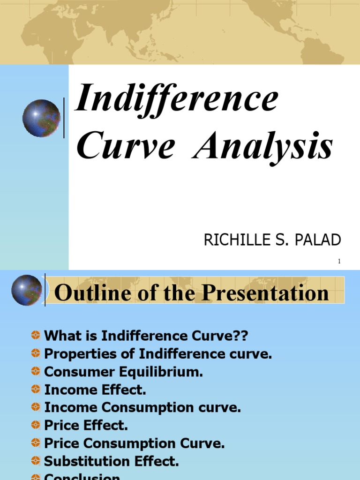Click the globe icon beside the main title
[x=41, y=118]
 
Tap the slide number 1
[x=339, y=262]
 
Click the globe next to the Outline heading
[x=27, y=290]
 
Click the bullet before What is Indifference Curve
[x=36, y=335]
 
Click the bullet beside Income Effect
[x=36, y=389]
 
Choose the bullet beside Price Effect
[x=36, y=425]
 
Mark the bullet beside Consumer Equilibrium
[x=36, y=371]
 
